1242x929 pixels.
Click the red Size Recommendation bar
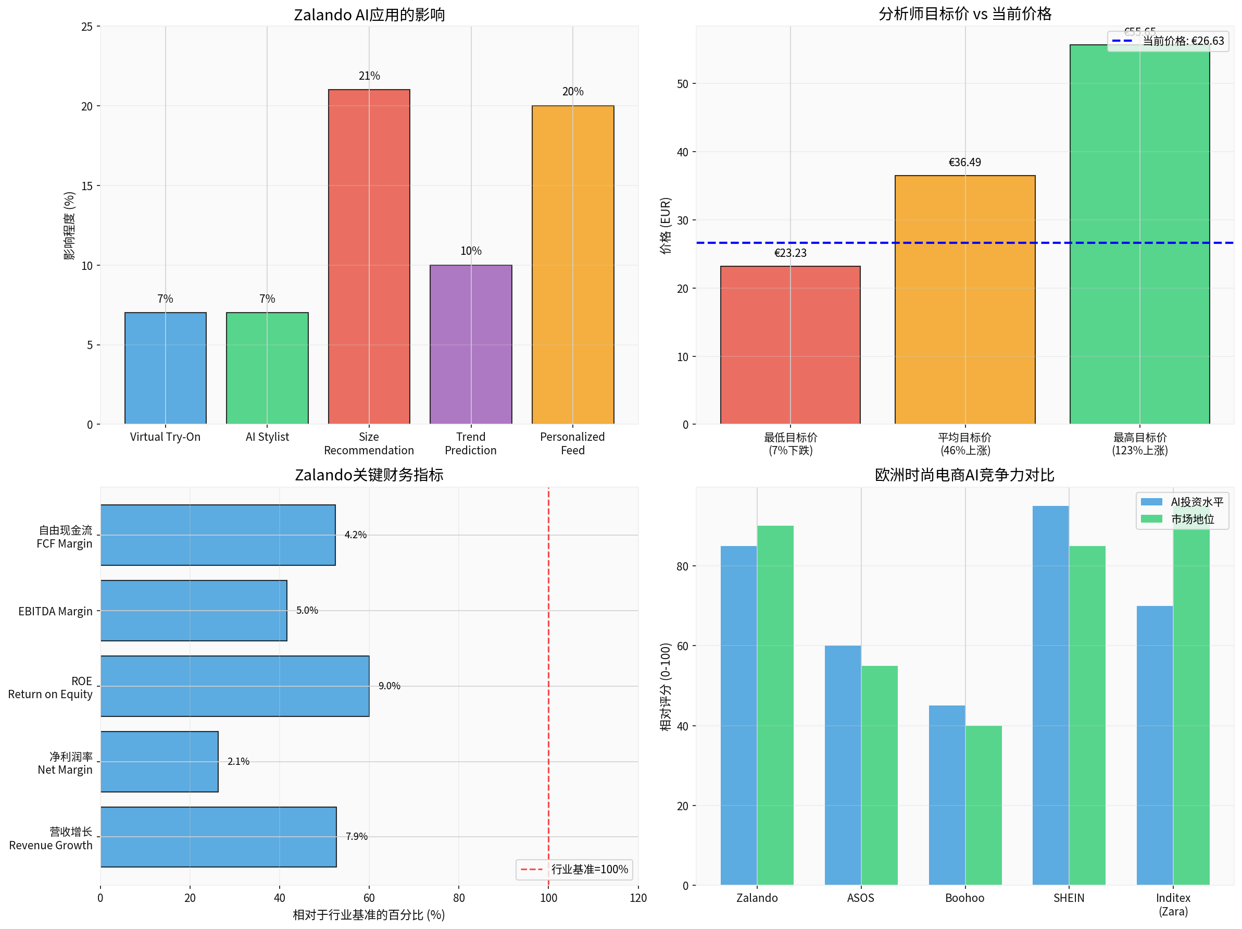(369, 256)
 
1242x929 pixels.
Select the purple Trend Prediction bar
(471, 344)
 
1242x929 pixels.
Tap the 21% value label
(369, 76)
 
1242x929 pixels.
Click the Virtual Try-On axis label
(165, 437)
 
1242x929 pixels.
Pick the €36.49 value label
(964, 163)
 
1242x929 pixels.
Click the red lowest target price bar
(790, 345)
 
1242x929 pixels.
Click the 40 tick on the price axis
(682, 152)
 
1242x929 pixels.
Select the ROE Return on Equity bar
(235, 686)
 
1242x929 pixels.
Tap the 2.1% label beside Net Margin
(238, 762)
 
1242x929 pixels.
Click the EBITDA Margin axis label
(55, 611)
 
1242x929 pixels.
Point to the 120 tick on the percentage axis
(638, 898)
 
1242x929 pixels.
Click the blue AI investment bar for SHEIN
(1050, 696)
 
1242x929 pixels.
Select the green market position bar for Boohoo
(983, 805)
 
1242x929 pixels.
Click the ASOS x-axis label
(860, 898)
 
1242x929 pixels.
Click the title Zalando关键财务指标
(369, 475)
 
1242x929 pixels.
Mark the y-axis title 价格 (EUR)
(666, 225)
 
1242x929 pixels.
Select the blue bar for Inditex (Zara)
(1155, 745)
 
